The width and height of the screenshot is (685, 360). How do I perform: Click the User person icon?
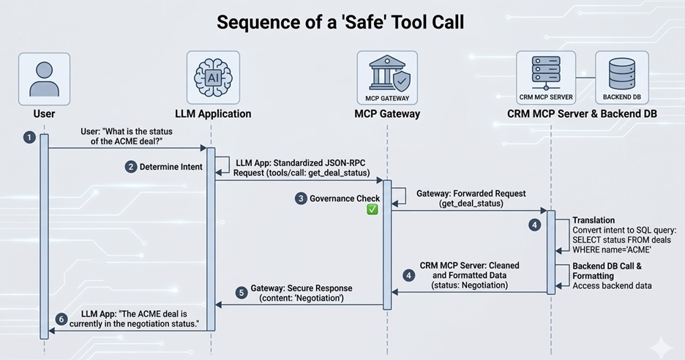tap(44, 78)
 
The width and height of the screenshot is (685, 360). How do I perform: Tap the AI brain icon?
tap(212, 76)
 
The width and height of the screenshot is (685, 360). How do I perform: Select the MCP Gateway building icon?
tap(386, 73)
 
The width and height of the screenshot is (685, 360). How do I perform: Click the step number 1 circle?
tap(29, 138)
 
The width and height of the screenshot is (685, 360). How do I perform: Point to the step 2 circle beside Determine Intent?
tap(131, 167)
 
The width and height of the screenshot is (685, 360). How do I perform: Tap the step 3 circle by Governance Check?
tap(301, 198)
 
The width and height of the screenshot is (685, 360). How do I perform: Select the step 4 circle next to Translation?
tap(535, 225)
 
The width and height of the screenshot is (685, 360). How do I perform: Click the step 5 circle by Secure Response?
tap(242, 293)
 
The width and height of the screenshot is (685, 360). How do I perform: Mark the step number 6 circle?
tap(61, 319)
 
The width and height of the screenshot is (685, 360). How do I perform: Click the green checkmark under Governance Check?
tap(372, 210)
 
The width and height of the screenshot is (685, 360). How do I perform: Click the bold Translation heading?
tap(594, 220)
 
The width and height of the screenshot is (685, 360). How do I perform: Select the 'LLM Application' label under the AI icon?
tap(213, 113)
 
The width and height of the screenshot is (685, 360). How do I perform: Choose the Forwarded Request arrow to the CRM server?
tap(468, 211)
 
